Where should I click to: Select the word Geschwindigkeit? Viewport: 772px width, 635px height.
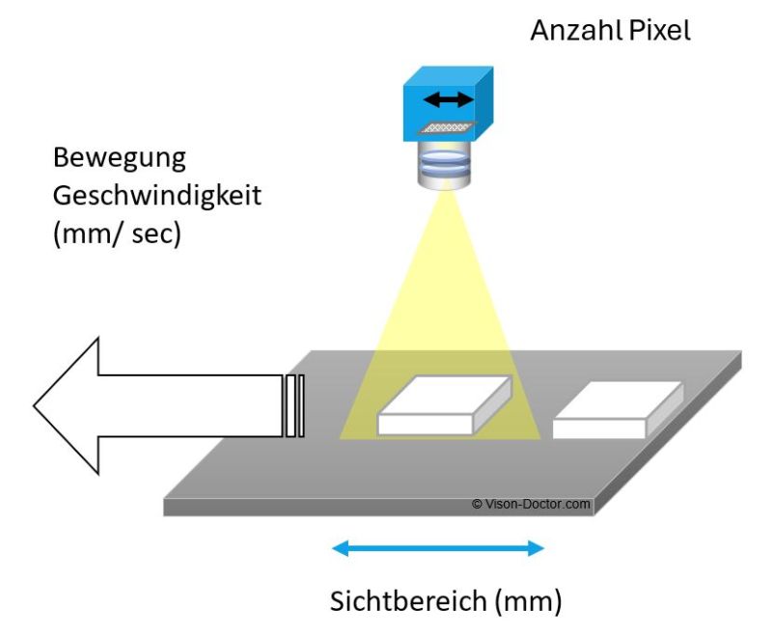157,195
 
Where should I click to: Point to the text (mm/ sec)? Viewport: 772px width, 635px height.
117,234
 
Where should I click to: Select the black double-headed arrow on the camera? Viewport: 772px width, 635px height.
452,98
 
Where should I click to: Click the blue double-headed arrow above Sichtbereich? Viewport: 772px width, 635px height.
438,549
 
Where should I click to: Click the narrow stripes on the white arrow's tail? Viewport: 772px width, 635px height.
295,405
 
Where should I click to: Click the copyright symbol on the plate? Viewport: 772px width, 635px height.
476,504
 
